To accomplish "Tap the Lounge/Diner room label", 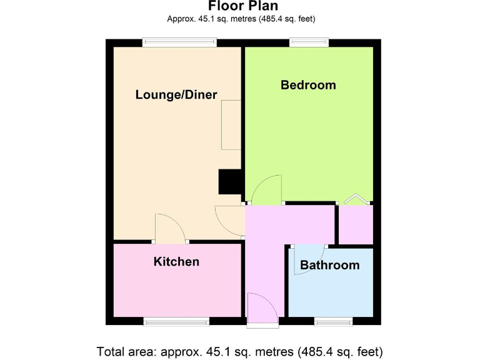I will click(x=176, y=95).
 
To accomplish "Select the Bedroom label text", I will click(x=308, y=85).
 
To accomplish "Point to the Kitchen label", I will click(x=176, y=262).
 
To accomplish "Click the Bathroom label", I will click(x=329, y=265).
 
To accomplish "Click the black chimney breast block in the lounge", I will click(x=230, y=182).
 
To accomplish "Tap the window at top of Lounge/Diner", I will click(x=179, y=42).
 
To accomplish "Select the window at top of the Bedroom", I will click(x=309, y=42).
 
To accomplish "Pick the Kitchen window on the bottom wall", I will click(x=176, y=321).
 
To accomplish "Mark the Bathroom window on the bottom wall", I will click(x=333, y=321).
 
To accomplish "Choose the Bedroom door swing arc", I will click(x=267, y=189).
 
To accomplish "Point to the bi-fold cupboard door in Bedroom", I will click(x=356, y=198).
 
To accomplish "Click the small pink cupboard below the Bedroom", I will click(x=355, y=224).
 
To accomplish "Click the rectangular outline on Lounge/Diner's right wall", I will click(x=231, y=124).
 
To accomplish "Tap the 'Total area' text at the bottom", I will click(x=239, y=351).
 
